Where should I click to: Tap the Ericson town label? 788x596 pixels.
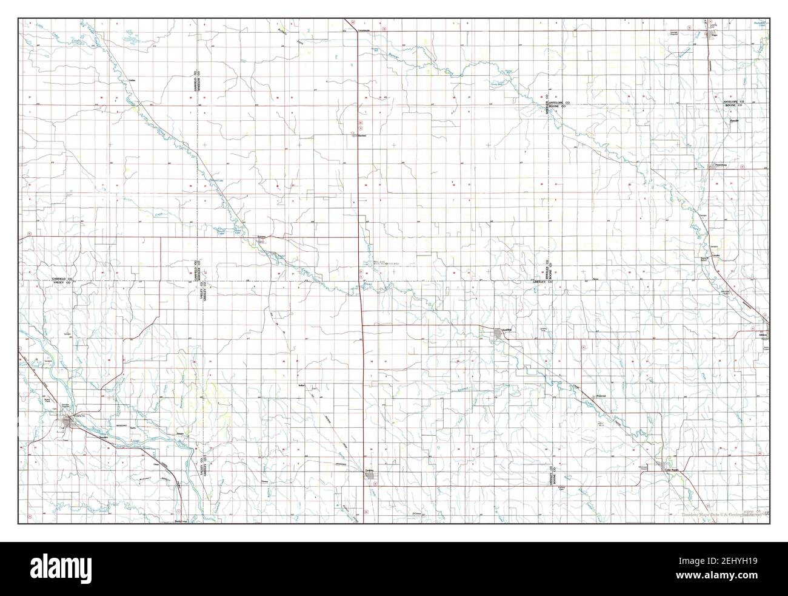262,236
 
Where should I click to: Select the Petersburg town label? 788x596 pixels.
721,164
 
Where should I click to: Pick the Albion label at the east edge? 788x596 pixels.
763,334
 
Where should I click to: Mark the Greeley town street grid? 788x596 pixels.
370,475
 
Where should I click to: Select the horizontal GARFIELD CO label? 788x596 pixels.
62,279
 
